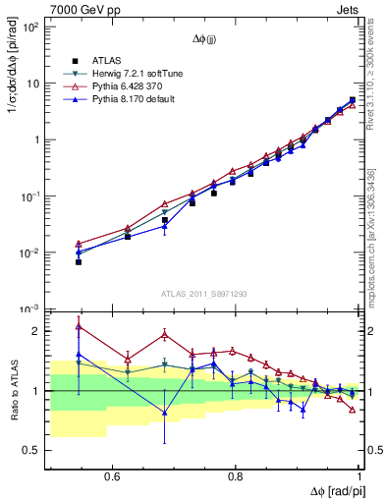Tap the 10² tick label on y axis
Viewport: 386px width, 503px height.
pyautogui.click(x=30, y=27)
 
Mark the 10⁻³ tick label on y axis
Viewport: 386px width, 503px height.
pyautogui.click(x=30, y=308)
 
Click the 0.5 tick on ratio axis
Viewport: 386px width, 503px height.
pyautogui.click(x=32, y=450)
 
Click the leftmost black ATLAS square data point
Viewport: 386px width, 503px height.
pyautogui.click(x=79, y=262)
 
